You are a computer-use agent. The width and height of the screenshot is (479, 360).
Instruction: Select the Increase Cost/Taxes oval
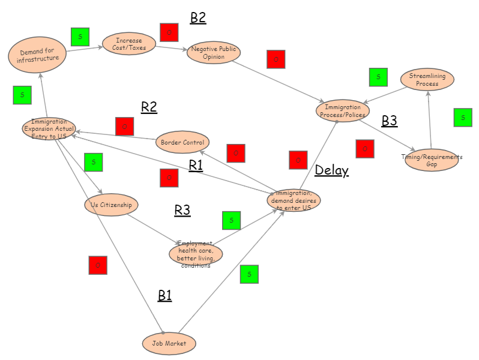tap(130, 44)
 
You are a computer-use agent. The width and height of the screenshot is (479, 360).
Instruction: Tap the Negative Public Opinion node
tap(214, 52)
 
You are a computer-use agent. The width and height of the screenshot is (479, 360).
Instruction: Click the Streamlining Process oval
tap(427, 79)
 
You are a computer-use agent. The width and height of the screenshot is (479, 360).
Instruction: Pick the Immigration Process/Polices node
tap(342, 110)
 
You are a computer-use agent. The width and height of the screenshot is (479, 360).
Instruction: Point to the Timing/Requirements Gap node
tap(432, 160)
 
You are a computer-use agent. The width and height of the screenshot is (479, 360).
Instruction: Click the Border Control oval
tap(182, 143)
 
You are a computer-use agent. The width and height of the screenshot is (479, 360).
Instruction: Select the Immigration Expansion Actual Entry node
tap(49, 128)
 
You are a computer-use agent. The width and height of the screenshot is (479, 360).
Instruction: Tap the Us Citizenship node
tap(111, 205)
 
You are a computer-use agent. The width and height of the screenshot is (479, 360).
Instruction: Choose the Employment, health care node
tap(196, 254)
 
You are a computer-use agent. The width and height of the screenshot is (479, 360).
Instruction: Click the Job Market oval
tap(169, 344)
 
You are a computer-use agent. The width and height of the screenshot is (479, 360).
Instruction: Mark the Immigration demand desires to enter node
tap(294, 200)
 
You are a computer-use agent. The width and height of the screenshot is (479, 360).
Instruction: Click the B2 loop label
tap(198, 18)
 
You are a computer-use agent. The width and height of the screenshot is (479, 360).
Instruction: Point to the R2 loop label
tap(149, 107)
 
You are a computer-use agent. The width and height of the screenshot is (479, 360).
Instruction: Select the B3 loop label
tap(389, 121)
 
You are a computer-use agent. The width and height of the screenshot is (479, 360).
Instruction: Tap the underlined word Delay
tap(331, 170)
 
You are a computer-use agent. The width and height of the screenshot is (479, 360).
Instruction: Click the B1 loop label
tap(165, 295)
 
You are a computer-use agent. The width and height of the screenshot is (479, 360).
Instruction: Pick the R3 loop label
tap(182, 210)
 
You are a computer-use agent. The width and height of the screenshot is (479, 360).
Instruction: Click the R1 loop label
tap(196, 166)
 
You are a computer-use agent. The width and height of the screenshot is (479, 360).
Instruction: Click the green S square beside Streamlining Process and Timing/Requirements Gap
tap(462, 117)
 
